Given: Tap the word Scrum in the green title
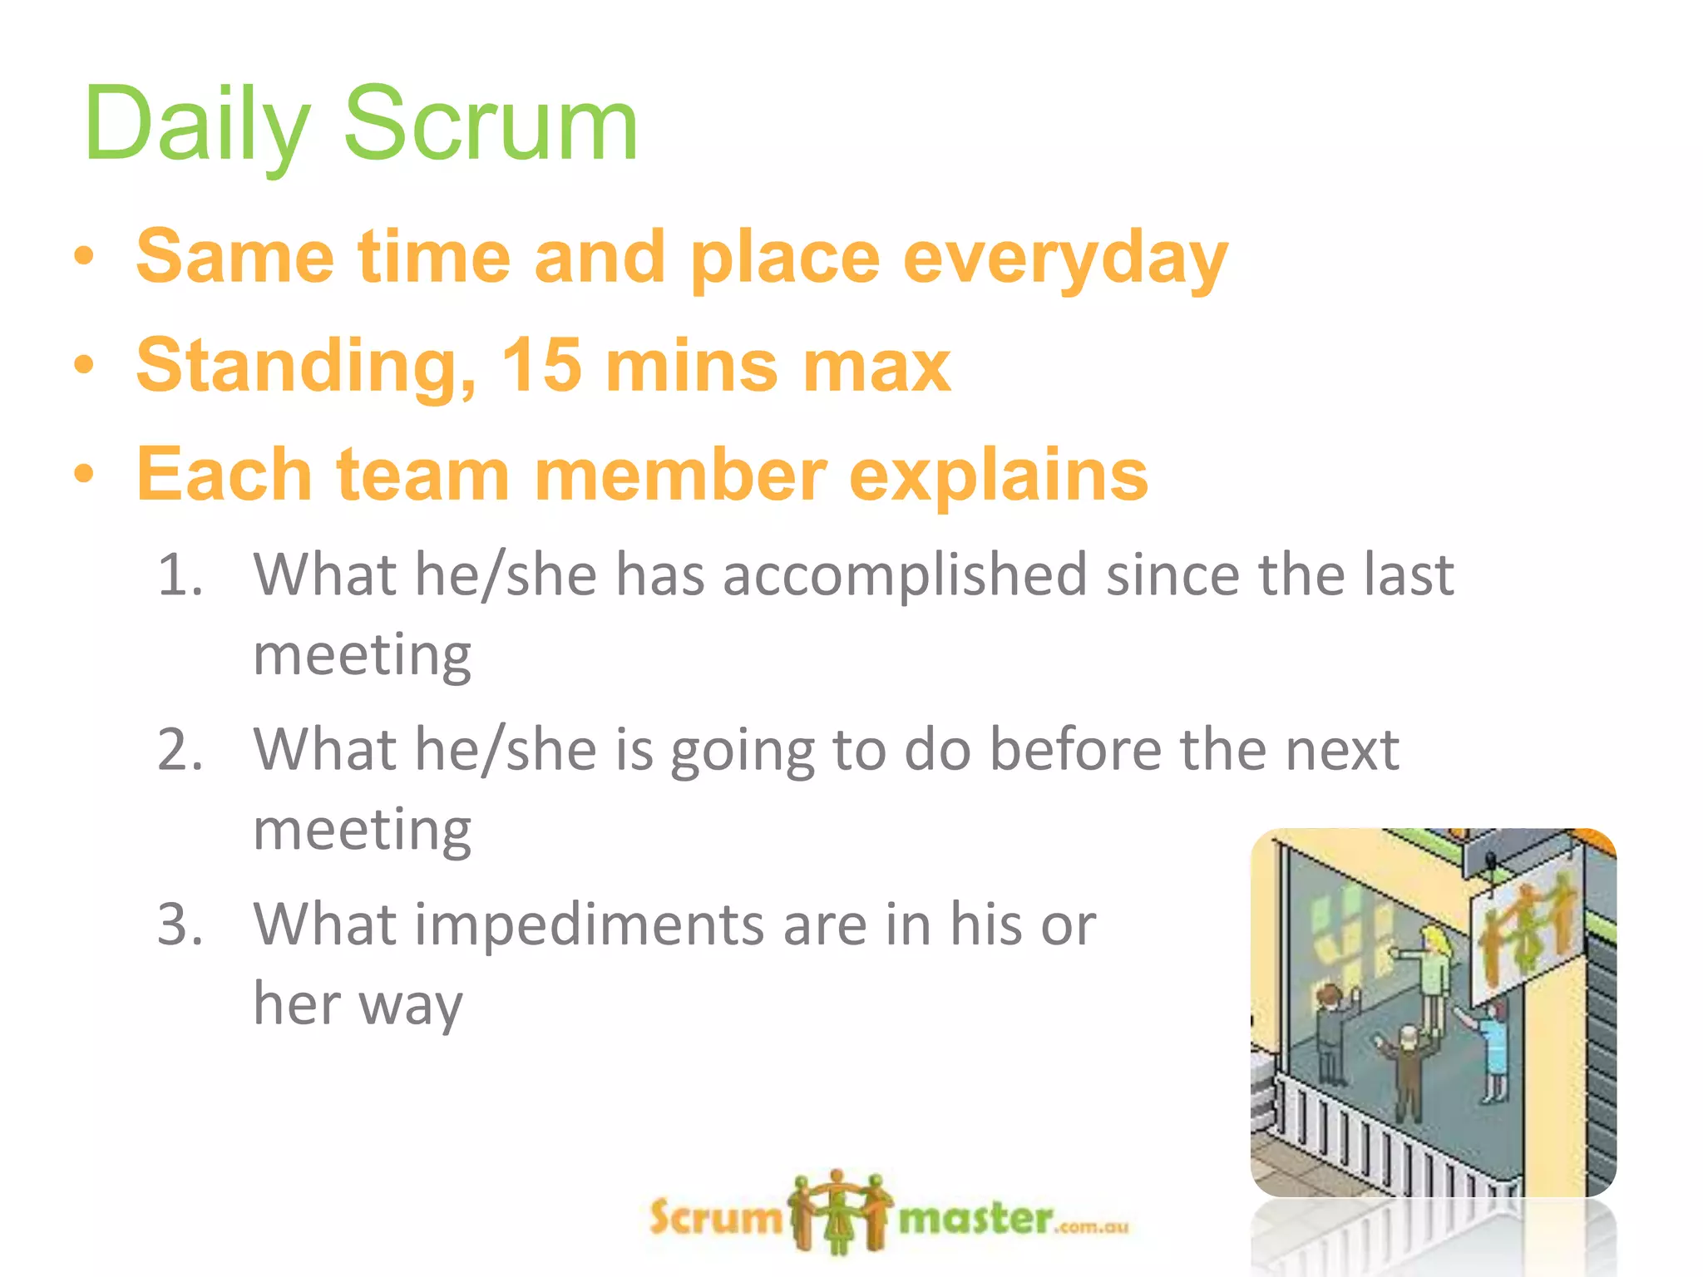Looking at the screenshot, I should click(491, 125).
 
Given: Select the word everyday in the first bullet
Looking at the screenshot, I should click(1065, 258).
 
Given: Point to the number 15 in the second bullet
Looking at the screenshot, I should click(541, 365).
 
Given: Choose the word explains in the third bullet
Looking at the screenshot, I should click(998, 476).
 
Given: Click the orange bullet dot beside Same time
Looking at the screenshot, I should click(83, 257).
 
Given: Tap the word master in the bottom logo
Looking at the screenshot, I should click(976, 1219).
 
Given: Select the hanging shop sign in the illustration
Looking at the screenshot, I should click(1526, 931).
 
